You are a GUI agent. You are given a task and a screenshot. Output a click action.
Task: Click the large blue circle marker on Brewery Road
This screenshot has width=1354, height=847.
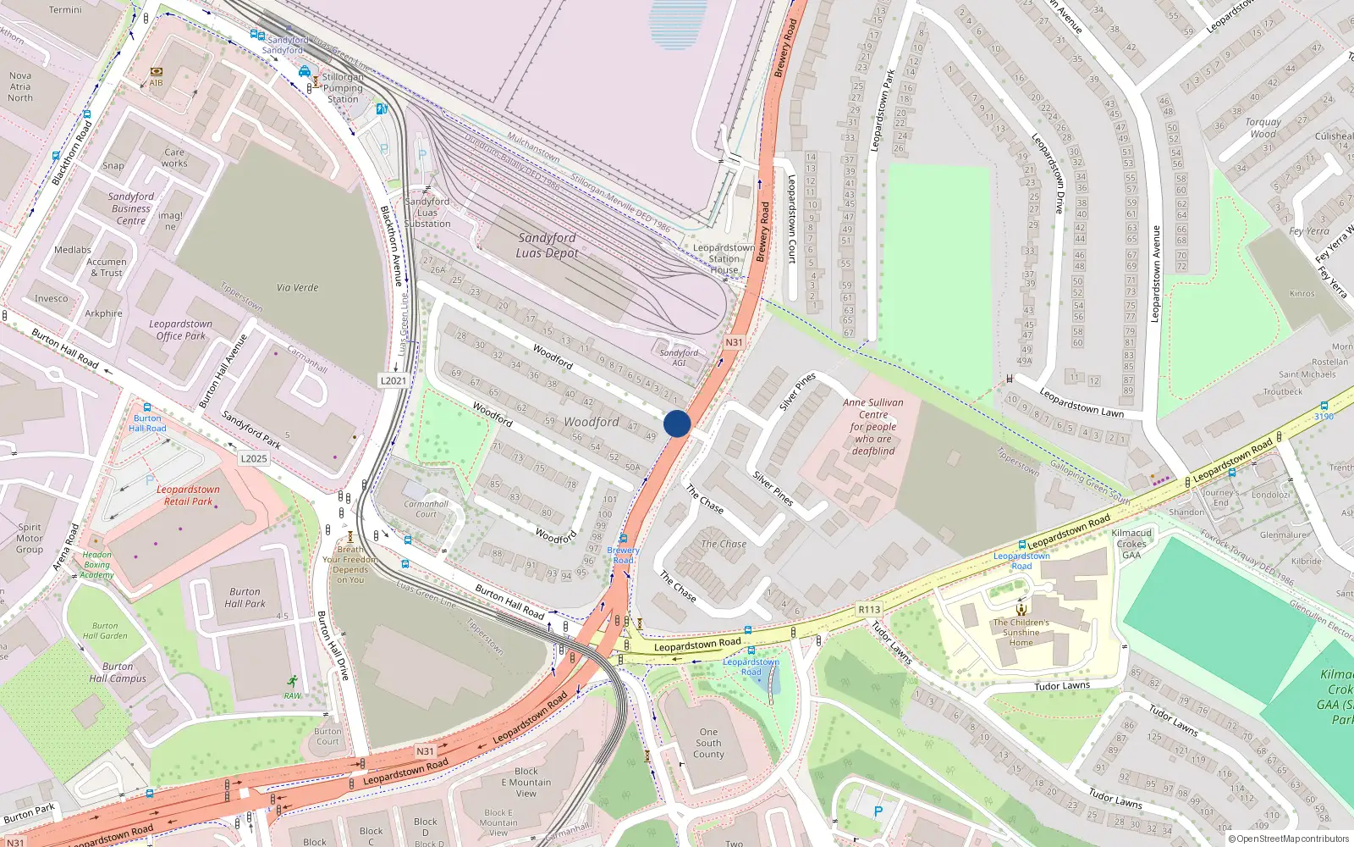click(677, 423)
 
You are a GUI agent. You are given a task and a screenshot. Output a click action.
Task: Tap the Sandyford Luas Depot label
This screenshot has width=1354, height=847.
click(548, 246)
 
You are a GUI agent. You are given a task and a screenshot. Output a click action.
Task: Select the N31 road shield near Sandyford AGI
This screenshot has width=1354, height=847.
click(734, 342)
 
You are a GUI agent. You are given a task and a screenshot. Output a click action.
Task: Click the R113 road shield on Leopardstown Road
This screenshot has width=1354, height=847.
click(869, 609)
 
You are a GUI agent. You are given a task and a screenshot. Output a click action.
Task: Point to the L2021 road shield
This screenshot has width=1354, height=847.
click(393, 380)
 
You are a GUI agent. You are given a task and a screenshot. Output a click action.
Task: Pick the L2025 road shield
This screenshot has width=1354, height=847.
click(254, 458)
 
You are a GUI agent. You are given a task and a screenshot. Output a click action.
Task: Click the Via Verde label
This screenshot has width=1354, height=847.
click(297, 288)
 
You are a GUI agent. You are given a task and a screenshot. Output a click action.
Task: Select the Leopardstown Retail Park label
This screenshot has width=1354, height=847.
click(188, 495)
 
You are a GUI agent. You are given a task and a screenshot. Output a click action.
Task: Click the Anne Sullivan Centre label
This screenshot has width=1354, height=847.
click(873, 427)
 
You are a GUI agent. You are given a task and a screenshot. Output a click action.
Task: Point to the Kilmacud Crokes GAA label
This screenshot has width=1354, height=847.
click(1131, 545)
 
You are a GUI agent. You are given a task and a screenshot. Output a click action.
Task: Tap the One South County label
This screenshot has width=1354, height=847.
click(708, 743)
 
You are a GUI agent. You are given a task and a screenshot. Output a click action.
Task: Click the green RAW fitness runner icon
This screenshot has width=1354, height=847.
click(293, 682)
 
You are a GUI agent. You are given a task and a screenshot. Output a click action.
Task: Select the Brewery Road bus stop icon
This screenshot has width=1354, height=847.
click(624, 539)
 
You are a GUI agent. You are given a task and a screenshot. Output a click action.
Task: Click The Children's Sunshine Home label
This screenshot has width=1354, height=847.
click(1021, 632)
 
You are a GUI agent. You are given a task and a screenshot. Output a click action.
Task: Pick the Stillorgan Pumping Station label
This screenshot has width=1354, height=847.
click(343, 88)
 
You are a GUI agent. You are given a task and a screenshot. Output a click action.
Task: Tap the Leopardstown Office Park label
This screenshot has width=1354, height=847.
click(181, 329)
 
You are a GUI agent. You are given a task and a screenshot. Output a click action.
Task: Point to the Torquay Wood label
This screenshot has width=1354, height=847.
click(1263, 128)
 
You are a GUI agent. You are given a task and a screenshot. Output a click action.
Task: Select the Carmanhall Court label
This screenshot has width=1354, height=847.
click(426, 508)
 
